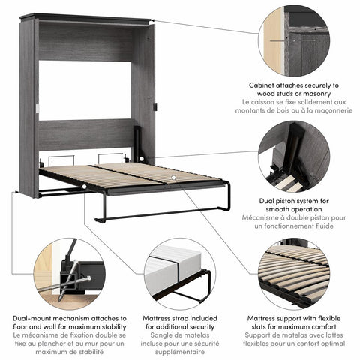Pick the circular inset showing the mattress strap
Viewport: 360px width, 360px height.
pyautogui.click(x=180, y=273)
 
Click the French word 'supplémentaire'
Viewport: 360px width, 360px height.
pyautogui.click(x=180, y=349)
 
